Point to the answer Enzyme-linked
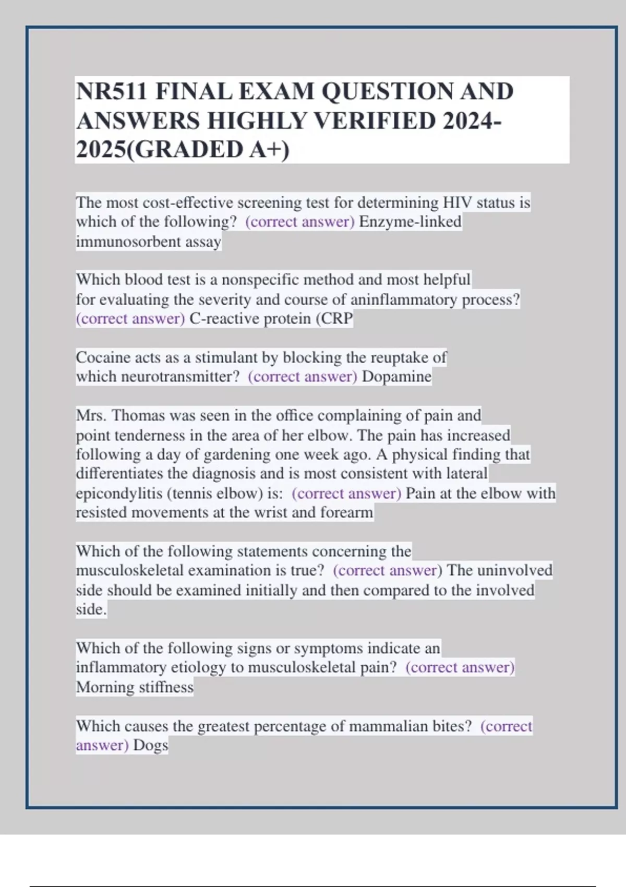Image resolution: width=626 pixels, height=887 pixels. coord(410,222)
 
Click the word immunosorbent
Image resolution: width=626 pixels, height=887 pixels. coord(123,242)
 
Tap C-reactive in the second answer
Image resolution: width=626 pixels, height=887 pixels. coord(224,319)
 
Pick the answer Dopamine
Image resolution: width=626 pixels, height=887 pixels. coord(396,377)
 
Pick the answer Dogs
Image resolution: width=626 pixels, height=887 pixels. coord(150,745)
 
